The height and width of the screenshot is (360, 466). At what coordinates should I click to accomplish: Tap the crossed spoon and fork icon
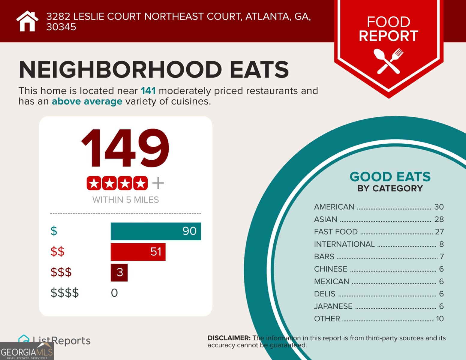[x=388, y=61]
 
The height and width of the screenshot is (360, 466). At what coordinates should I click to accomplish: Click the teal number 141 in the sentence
[x=148, y=91]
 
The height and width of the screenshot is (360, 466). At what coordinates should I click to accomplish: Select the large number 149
[x=125, y=148]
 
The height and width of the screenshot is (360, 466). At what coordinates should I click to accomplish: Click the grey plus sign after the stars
[x=158, y=183]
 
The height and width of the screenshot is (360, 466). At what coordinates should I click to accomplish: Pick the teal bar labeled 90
[x=156, y=231]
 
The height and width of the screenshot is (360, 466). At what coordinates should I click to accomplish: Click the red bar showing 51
[x=138, y=252]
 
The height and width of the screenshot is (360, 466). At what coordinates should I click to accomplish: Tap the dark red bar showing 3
[x=119, y=272]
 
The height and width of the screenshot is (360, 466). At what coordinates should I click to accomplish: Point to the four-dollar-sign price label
[x=65, y=293]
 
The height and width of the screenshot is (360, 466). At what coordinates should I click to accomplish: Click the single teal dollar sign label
[x=54, y=231]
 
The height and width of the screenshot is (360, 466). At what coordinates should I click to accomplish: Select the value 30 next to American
[x=439, y=207]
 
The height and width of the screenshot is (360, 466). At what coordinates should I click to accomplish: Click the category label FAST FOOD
[x=336, y=232]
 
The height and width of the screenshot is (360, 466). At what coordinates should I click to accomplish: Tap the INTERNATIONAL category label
[x=344, y=244]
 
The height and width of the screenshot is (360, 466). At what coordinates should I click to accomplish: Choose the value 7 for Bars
[x=441, y=257]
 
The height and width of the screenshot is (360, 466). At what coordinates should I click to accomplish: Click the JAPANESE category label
[x=333, y=306]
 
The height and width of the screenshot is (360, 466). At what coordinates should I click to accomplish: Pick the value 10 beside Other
[x=440, y=319]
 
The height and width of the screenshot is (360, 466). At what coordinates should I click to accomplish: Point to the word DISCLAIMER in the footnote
[x=229, y=338]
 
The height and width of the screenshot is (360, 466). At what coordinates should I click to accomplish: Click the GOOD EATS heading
[x=390, y=177]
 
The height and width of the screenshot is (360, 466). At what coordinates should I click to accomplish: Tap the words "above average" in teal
[x=87, y=101]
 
